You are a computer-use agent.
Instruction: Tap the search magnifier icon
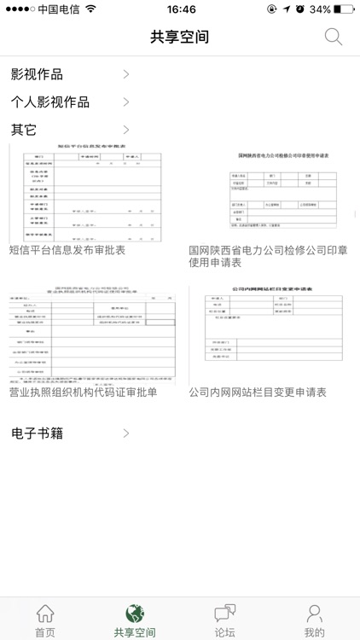[x=334, y=37]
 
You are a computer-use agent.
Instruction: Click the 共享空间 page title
[x=179, y=37]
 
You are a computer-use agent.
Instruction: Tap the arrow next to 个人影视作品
[x=126, y=102]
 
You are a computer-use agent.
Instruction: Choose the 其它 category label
[x=24, y=131]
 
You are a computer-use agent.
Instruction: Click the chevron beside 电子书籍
[x=126, y=433]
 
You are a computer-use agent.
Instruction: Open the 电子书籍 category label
[x=37, y=433]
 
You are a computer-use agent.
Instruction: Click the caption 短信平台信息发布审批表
[x=67, y=250]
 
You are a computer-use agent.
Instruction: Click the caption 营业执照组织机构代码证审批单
[x=83, y=393]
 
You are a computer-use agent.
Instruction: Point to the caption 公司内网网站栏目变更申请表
[x=258, y=393]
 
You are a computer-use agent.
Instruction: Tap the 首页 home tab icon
[x=45, y=614]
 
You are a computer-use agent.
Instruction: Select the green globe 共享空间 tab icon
[x=135, y=614]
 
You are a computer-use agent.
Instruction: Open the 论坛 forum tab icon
[x=225, y=614]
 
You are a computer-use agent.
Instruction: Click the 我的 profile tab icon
[x=315, y=614]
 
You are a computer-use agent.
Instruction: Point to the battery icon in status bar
[x=344, y=9]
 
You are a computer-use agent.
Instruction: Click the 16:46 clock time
[x=181, y=9]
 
